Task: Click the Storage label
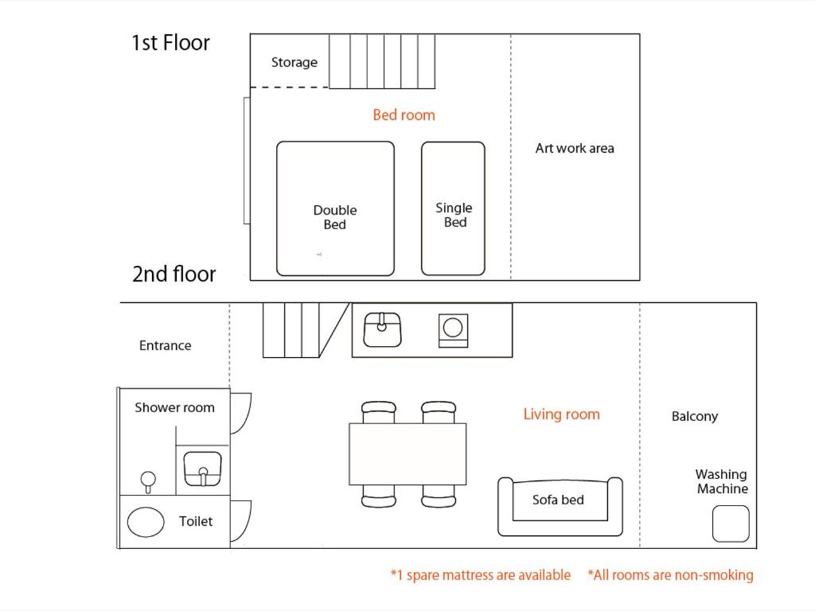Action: pyautogui.click(x=294, y=62)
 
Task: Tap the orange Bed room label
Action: pyautogui.click(x=404, y=115)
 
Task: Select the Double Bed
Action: pyautogui.click(x=335, y=208)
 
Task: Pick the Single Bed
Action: pyautogui.click(x=453, y=208)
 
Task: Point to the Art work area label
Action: pyautogui.click(x=575, y=148)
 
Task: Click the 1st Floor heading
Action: pyautogui.click(x=170, y=43)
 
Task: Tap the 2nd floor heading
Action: pyautogui.click(x=174, y=274)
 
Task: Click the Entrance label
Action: pyautogui.click(x=165, y=345)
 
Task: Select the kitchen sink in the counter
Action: pyautogui.click(x=382, y=329)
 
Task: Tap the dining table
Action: pyautogui.click(x=407, y=454)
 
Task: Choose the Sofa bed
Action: pyautogui.click(x=560, y=507)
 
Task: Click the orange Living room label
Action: pyautogui.click(x=561, y=414)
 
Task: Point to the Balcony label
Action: pyautogui.click(x=694, y=416)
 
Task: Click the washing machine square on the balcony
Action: pyautogui.click(x=731, y=523)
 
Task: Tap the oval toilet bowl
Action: pyautogui.click(x=146, y=522)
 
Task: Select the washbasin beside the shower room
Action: pyautogui.click(x=203, y=469)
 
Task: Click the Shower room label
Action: pyautogui.click(x=174, y=407)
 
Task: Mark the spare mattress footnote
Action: pyautogui.click(x=480, y=575)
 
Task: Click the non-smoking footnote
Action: pyautogui.click(x=670, y=575)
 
